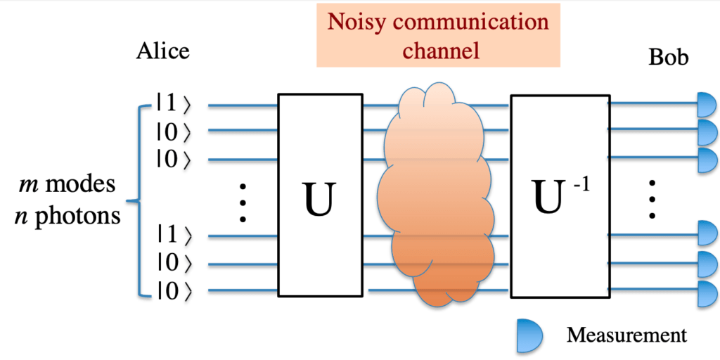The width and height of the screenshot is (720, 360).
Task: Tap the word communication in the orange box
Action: click(x=472, y=21)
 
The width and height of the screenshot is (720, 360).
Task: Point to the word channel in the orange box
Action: click(x=437, y=50)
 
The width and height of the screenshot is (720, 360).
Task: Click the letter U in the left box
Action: click(x=319, y=198)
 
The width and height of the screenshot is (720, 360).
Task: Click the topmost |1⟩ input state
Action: click(x=173, y=105)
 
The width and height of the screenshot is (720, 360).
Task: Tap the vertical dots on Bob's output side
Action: click(x=652, y=198)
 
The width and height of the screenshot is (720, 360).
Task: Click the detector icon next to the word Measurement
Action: click(x=529, y=335)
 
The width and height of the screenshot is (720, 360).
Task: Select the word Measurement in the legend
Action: click(x=626, y=335)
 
